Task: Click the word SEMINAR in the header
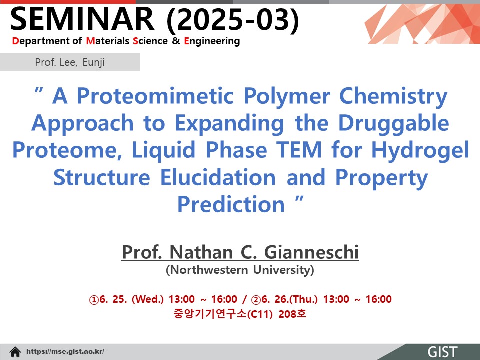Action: click(82, 19)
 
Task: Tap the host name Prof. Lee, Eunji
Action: click(70, 62)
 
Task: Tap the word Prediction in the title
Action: click(231, 204)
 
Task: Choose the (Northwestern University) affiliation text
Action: click(240, 270)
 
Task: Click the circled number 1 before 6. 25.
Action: click(94, 299)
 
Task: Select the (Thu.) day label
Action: click(302, 299)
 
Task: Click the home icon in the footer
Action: click(15, 352)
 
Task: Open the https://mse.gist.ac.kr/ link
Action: click(65, 351)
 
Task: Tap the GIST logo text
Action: click(442, 352)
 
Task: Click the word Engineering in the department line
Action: click(212, 41)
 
